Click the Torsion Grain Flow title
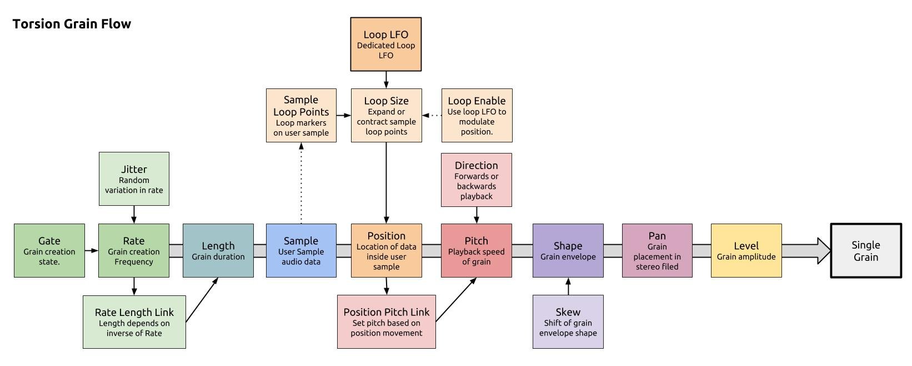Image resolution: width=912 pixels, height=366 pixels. [72, 24]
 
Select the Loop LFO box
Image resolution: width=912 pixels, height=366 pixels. [385, 44]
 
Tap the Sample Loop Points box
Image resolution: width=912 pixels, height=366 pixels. [301, 115]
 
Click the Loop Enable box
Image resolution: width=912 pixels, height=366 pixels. [477, 115]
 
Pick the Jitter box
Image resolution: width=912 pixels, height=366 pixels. [134, 179]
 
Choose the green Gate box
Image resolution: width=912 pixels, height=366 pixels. [49, 250]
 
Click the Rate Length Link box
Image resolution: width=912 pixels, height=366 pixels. [134, 322]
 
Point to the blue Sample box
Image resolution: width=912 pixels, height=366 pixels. [301, 250]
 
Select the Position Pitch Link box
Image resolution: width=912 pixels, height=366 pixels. [386, 322]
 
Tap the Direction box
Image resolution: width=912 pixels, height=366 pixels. [476, 180]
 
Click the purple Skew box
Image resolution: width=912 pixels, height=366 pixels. [568, 322]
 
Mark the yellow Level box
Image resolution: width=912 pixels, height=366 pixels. [746, 250]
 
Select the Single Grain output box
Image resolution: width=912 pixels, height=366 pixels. [865, 250]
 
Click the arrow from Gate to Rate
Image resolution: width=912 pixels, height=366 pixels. [92, 251]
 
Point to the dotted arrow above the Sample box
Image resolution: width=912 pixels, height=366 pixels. [301, 184]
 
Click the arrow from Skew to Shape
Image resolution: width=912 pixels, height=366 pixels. [568, 286]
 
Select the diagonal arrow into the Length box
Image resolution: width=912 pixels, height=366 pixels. [202, 299]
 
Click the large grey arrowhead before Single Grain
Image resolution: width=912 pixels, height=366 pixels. [824, 250]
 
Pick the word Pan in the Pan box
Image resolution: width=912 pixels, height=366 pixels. [657, 236]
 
